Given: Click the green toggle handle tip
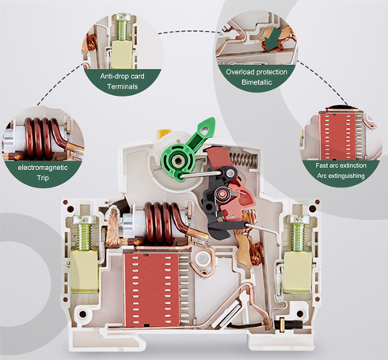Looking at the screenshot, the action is click(213, 120).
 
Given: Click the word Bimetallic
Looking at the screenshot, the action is click(257, 82).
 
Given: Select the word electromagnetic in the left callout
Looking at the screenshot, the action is click(43, 168).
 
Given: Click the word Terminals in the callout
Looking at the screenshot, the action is click(123, 86).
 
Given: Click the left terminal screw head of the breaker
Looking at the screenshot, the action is click(84, 220).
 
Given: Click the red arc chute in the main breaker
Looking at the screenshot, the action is click(150, 290).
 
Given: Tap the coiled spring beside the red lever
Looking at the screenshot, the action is click(244, 159).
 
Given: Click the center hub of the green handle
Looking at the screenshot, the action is click(177, 160).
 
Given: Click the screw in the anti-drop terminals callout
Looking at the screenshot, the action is click(123, 28).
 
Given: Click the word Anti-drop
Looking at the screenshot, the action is click(114, 77).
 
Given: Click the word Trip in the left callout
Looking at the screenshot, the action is click(43, 178).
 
